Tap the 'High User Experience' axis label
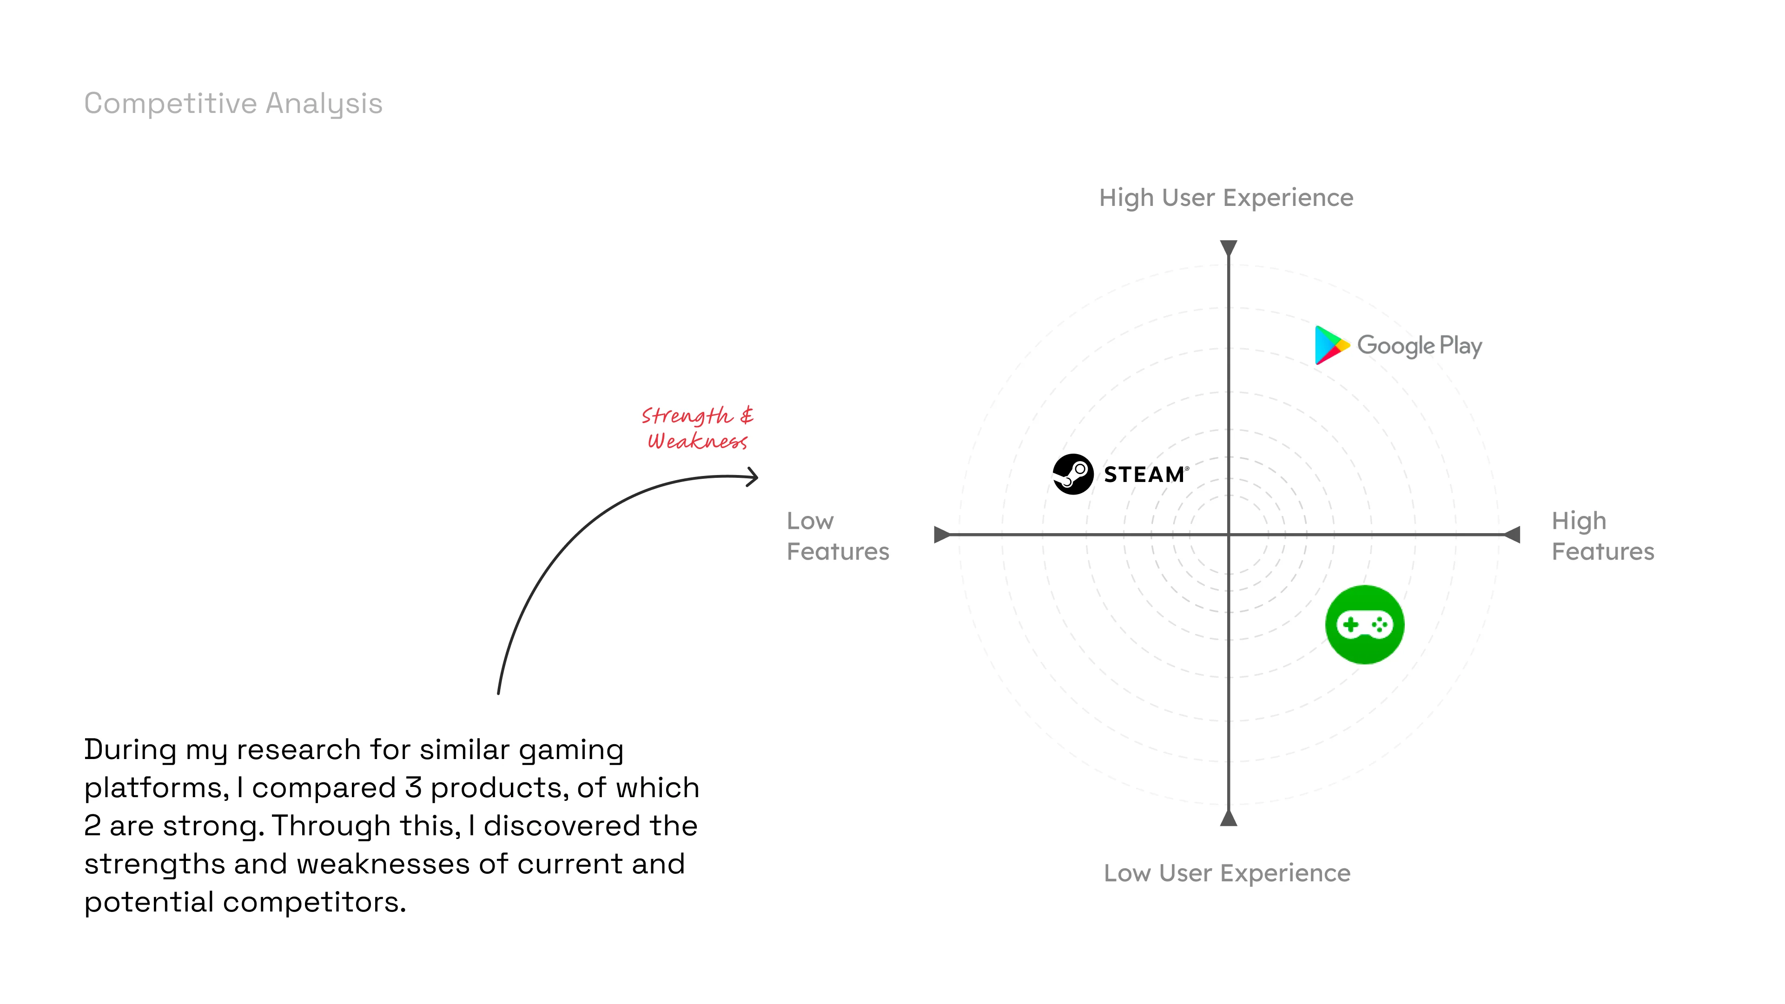tap(1226, 198)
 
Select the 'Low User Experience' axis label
tap(1227, 873)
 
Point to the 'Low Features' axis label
tap(837, 536)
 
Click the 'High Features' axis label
tap(1602, 536)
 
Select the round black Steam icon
tap(1073, 475)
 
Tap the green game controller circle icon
tap(1364, 625)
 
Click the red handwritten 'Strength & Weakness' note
tap(697, 428)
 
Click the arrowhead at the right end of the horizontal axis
tap(1514, 534)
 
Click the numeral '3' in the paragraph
tap(413, 788)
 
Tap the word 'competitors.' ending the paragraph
tap(314, 903)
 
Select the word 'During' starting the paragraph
tap(130, 750)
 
